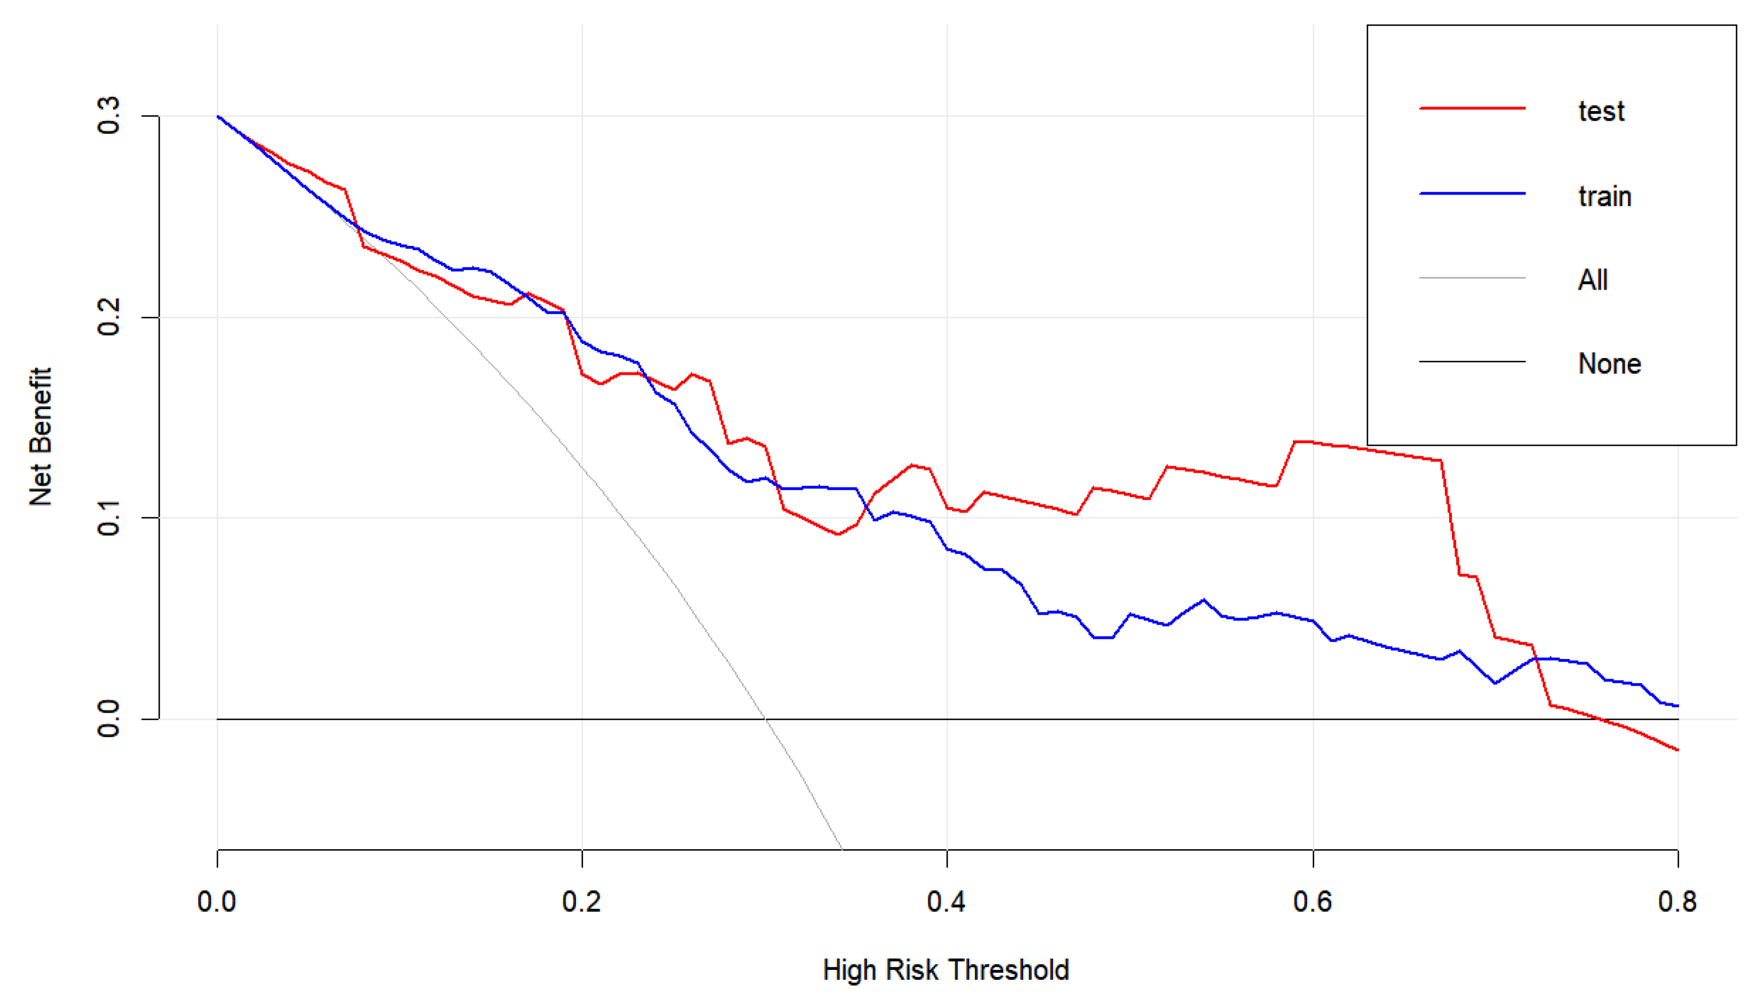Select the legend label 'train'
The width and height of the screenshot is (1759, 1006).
pyautogui.click(x=1604, y=197)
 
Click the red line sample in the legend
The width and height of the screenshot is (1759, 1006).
pyautogui.click(x=1472, y=109)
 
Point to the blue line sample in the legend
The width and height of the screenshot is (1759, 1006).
pyautogui.click(x=1472, y=194)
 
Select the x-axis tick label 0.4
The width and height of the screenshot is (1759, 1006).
pyautogui.click(x=946, y=902)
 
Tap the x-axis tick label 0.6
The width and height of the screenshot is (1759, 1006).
pyautogui.click(x=1312, y=902)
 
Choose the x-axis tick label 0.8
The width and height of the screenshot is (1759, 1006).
pyautogui.click(x=1677, y=902)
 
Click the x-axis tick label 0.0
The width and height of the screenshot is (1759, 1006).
pyautogui.click(x=216, y=902)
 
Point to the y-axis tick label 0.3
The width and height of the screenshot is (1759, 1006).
pyautogui.click(x=109, y=116)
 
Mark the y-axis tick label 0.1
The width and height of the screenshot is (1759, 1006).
pyautogui.click(x=109, y=518)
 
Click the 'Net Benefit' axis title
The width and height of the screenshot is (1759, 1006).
pyautogui.click(x=40, y=437)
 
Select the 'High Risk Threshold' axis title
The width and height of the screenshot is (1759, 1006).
pyautogui.click(x=945, y=970)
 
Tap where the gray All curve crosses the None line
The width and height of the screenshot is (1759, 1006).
pyautogui.click(x=766, y=719)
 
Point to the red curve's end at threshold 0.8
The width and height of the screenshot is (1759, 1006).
pyautogui.click(x=1677, y=750)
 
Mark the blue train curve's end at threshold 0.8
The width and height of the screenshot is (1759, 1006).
pyautogui.click(x=1677, y=706)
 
